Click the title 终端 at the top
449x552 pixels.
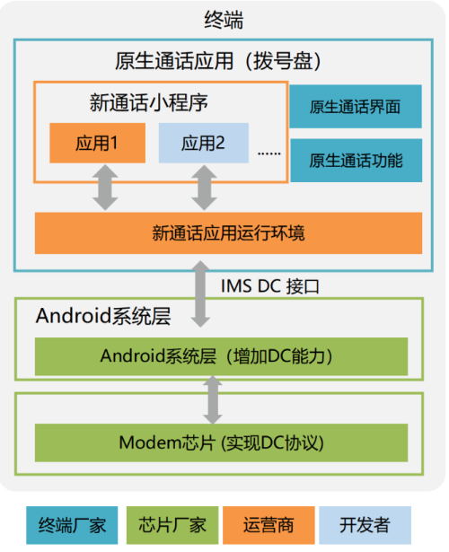[224, 21]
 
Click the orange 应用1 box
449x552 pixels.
[97, 143]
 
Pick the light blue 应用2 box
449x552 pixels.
[204, 143]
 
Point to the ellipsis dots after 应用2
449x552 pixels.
[269, 153]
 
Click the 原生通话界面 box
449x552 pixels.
[356, 108]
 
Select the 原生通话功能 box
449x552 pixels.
[356, 161]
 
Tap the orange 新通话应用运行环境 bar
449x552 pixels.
[228, 233]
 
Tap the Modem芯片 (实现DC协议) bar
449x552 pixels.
[220, 442]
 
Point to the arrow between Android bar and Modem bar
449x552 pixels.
[213, 399]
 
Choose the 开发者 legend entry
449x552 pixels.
[365, 524]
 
